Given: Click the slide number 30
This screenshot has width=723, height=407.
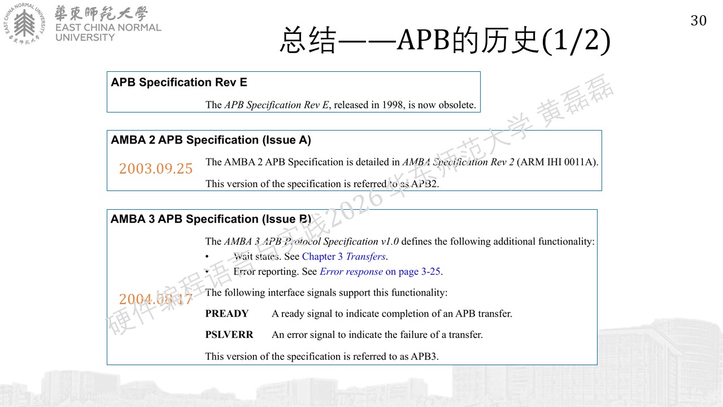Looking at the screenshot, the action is click(699, 21).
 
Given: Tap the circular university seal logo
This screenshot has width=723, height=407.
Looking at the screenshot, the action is click(24, 24).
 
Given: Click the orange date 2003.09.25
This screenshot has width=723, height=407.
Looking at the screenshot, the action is click(155, 168).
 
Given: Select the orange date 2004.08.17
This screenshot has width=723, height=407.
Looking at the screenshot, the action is click(155, 299).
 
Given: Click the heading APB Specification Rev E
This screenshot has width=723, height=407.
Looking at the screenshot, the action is click(179, 83).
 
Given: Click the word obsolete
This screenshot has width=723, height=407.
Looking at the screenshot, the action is click(457, 105).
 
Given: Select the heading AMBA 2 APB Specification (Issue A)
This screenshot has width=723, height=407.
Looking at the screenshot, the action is click(211, 140).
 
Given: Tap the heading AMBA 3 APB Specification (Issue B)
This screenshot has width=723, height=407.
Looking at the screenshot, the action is click(211, 219).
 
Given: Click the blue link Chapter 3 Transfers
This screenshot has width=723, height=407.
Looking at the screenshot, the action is click(344, 257).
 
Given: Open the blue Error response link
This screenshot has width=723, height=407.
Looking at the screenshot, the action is click(351, 271).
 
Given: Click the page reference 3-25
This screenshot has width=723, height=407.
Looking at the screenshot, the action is click(431, 271).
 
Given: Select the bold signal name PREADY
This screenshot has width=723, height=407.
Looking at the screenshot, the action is click(227, 314).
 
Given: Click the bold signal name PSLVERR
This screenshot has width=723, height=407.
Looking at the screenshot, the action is click(229, 335).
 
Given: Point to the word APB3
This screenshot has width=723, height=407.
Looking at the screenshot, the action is click(424, 356).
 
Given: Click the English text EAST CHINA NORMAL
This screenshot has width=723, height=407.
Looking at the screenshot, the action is click(108, 28).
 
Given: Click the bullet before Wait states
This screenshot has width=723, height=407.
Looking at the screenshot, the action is click(207, 257).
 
